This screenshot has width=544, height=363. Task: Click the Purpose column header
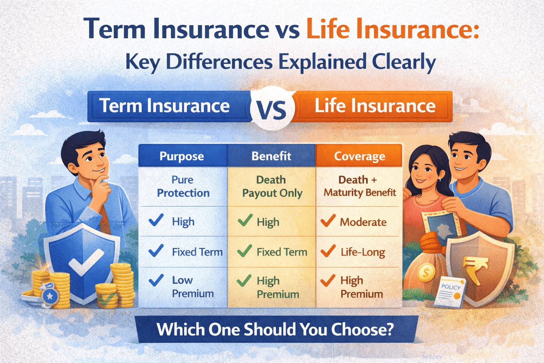[182, 156]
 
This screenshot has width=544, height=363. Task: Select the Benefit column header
[271, 156]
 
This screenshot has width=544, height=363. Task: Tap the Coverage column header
[359, 156]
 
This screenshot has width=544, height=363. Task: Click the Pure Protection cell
[183, 186]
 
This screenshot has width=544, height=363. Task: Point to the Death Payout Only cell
[272, 186]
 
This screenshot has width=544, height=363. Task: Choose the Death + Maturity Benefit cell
[359, 186]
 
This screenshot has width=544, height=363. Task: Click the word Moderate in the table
[363, 222]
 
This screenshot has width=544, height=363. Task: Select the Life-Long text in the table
[363, 252]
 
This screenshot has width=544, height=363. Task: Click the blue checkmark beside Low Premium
[156, 280]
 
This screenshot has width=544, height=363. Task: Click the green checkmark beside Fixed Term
[244, 251]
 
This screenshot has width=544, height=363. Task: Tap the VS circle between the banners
[272, 108]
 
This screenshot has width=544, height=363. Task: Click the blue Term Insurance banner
[165, 106]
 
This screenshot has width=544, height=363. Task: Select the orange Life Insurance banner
[375, 106]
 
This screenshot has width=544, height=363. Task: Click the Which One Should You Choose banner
[275, 330]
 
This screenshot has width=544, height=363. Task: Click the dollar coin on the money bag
[426, 273]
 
